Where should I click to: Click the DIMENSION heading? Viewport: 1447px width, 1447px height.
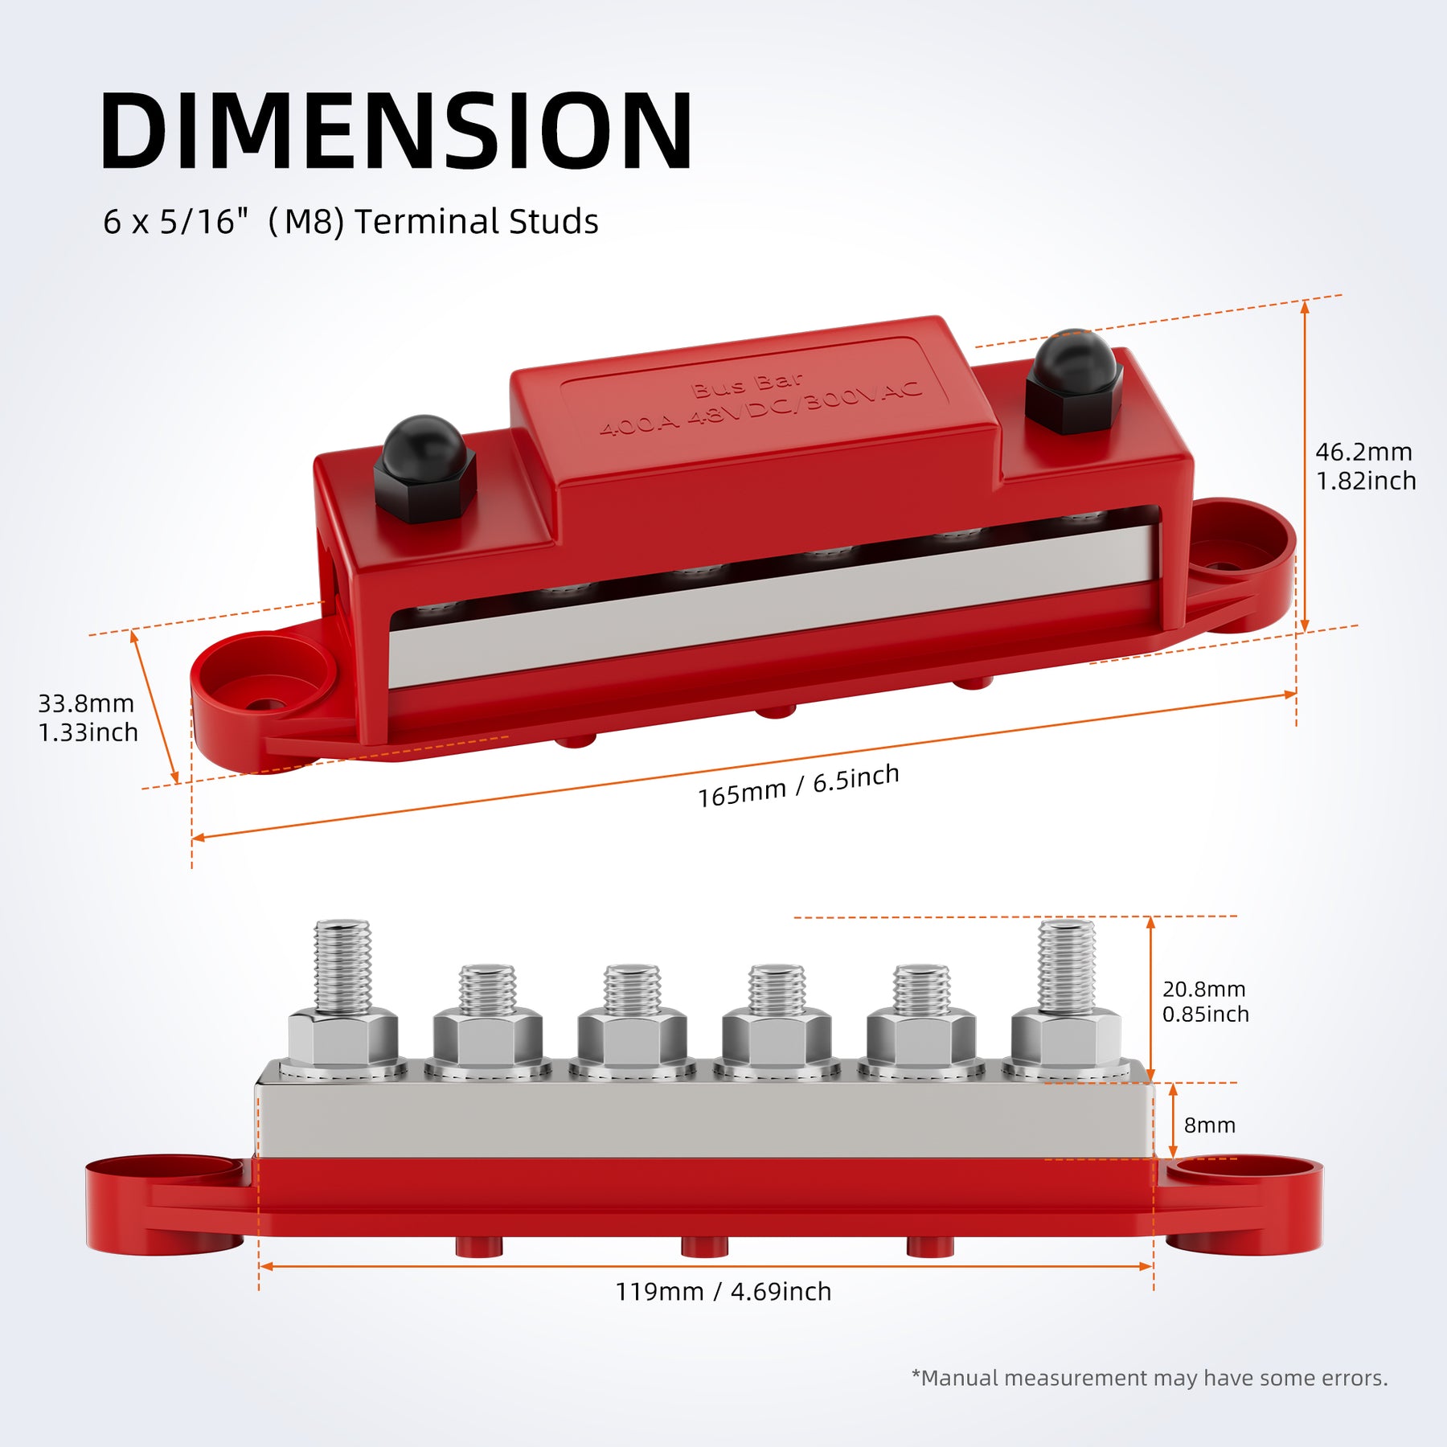click(x=396, y=131)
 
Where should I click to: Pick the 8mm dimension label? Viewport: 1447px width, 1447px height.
click(x=1209, y=1125)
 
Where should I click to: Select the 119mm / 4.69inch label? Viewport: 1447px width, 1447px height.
click(x=723, y=1292)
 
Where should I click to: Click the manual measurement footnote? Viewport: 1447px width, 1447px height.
click(x=1149, y=1378)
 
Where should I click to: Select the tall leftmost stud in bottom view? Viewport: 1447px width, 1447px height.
click(x=342, y=968)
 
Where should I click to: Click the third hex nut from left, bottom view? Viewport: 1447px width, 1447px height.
click(x=632, y=1037)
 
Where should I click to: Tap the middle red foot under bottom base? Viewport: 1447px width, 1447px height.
click(x=704, y=1246)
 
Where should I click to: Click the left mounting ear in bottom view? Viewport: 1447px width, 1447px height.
click(x=165, y=1203)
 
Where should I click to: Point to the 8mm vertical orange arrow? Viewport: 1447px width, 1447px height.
click(x=1173, y=1121)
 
